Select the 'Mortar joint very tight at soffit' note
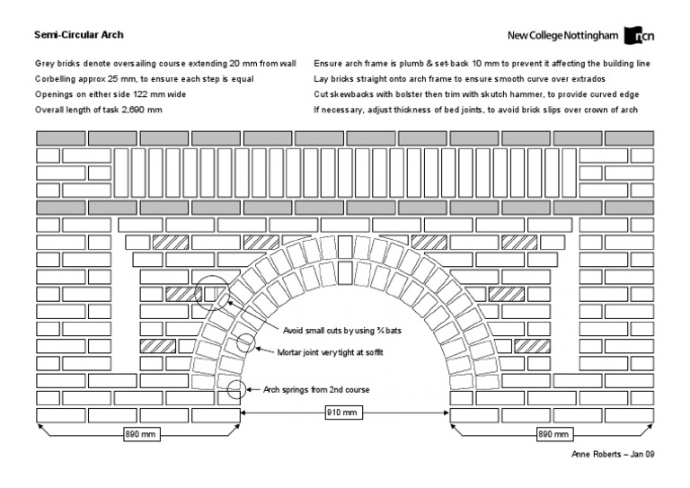pyautogui.click(x=332, y=352)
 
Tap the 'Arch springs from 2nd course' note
pyautogui.click(x=315, y=389)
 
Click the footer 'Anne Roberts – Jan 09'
pyautogui.click(x=613, y=455)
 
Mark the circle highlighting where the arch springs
pyautogui.click(x=236, y=389)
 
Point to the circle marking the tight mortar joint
pyautogui.click(x=245, y=342)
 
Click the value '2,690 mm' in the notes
pyautogui.click(x=140, y=109)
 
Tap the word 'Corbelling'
pyautogui.click(x=57, y=78)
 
